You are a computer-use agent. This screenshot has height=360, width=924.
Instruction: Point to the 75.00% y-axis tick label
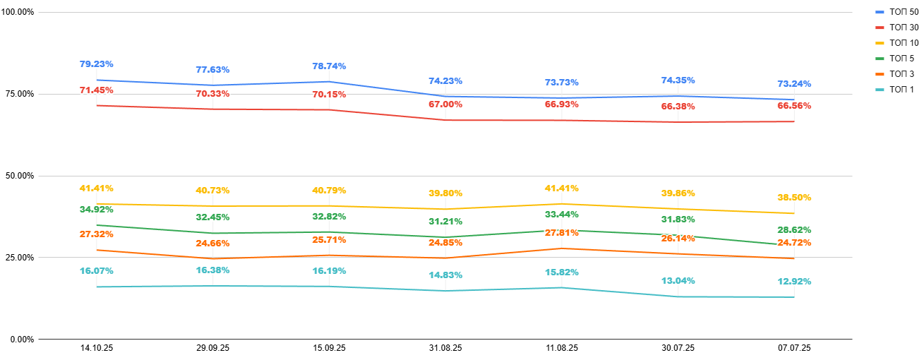[x=18, y=94]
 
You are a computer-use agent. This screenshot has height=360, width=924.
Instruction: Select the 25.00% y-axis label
[x=18, y=258]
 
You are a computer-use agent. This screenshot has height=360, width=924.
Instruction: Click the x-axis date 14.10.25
[x=96, y=348]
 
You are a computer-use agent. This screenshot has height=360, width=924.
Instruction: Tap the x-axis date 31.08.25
[x=445, y=348]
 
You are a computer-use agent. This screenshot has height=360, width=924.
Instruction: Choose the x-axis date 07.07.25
[x=794, y=348]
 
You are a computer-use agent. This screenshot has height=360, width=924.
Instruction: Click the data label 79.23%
[x=96, y=64]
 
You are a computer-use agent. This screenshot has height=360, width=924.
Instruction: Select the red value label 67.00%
[x=445, y=104]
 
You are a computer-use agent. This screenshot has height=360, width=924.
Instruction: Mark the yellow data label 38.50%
[x=794, y=198]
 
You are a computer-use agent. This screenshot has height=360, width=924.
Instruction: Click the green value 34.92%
[x=96, y=210]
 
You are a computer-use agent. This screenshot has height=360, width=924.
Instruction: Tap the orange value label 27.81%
[x=561, y=233]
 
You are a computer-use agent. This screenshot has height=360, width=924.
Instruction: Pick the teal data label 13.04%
[x=678, y=281]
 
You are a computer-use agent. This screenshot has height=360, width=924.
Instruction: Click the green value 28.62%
[x=794, y=230]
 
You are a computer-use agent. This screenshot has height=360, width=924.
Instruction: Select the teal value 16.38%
[x=212, y=270]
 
